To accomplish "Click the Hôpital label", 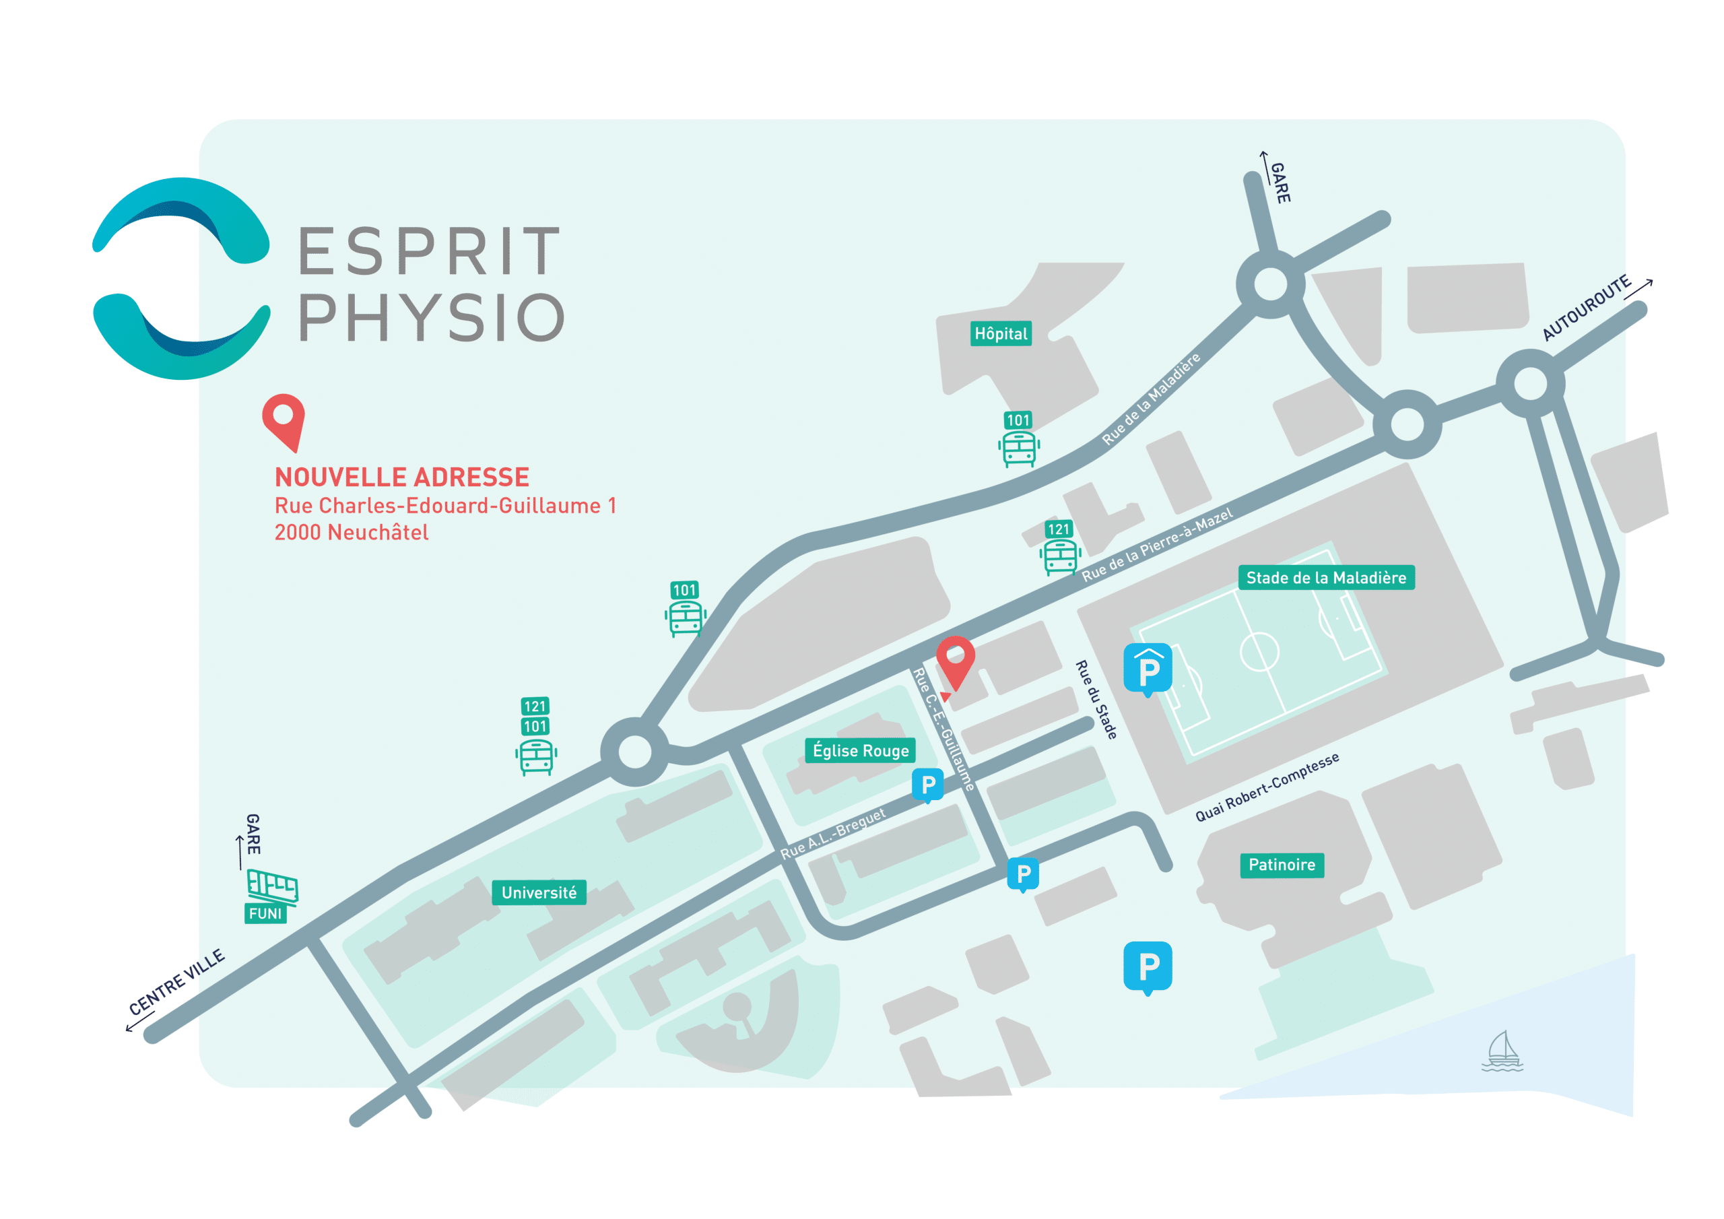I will click(1000, 333).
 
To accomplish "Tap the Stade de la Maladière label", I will click(1325, 578).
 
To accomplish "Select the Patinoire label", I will click(1281, 865).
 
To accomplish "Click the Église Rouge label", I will click(861, 750).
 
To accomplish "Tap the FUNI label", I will click(265, 913).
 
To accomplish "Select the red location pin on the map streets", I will click(955, 661).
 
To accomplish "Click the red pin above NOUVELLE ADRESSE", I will click(284, 420).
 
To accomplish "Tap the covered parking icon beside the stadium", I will click(1148, 669).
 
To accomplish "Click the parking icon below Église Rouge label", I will click(928, 785).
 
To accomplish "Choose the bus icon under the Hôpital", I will click(1019, 449).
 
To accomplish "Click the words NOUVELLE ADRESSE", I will click(402, 477).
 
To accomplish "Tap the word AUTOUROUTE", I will click(1586, 308).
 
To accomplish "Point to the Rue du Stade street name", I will click(1096, 699).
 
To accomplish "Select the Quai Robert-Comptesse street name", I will click(1267, 787).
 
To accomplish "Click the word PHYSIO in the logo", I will click(432, 319).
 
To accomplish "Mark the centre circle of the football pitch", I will click(1259, 651).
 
